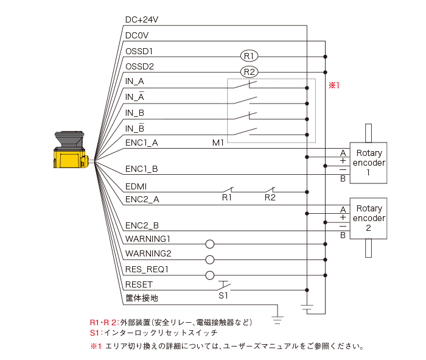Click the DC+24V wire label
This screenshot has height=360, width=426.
point(142,19)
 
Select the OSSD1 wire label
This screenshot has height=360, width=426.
point(139,51)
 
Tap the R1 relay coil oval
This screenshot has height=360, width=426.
point(249,56)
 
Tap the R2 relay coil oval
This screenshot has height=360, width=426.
point(249,72)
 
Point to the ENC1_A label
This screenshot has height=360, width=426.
point(142,143)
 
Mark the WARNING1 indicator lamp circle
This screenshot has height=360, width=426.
point(210,244)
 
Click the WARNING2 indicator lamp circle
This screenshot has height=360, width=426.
point(210,259)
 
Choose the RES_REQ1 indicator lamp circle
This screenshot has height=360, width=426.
point(210,275)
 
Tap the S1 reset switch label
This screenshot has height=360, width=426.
point(223,295)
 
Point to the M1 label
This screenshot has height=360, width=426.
point(218,143)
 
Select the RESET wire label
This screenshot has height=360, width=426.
point(139,284)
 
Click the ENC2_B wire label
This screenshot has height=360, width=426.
point(142,225)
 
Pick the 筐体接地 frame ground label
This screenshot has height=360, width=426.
point(142,298)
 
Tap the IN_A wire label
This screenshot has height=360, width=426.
point(134,81)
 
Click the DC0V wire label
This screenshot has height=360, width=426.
point(136,35)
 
